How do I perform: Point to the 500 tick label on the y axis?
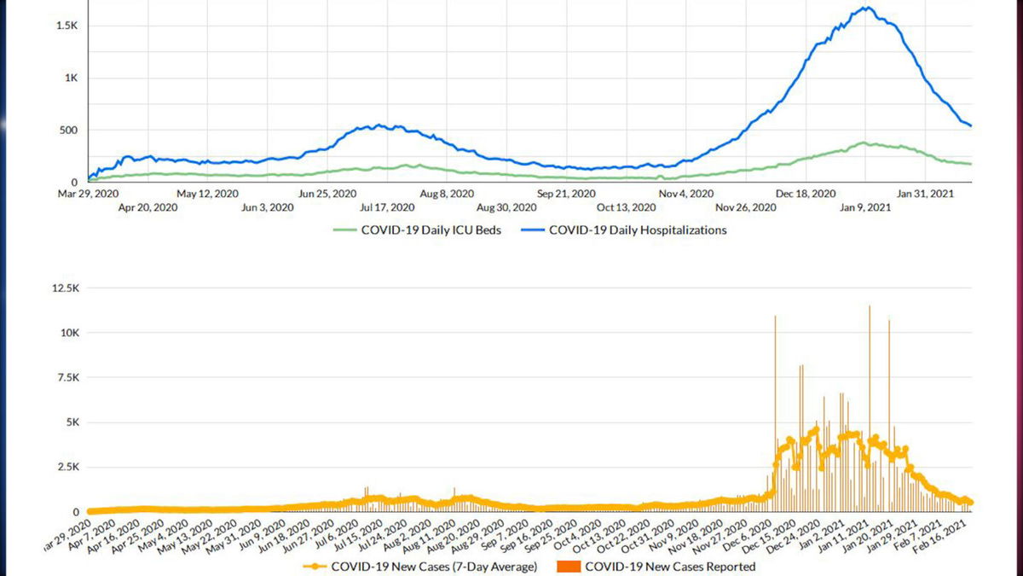[68, 131]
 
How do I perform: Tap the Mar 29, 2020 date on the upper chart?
[89, 194]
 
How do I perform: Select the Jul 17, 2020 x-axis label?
[388, 207]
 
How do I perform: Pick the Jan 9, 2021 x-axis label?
[867, 207]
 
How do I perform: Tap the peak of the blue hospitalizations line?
[866, 8]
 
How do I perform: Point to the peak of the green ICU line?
[863, 143]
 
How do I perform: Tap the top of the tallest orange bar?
[870, 305]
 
